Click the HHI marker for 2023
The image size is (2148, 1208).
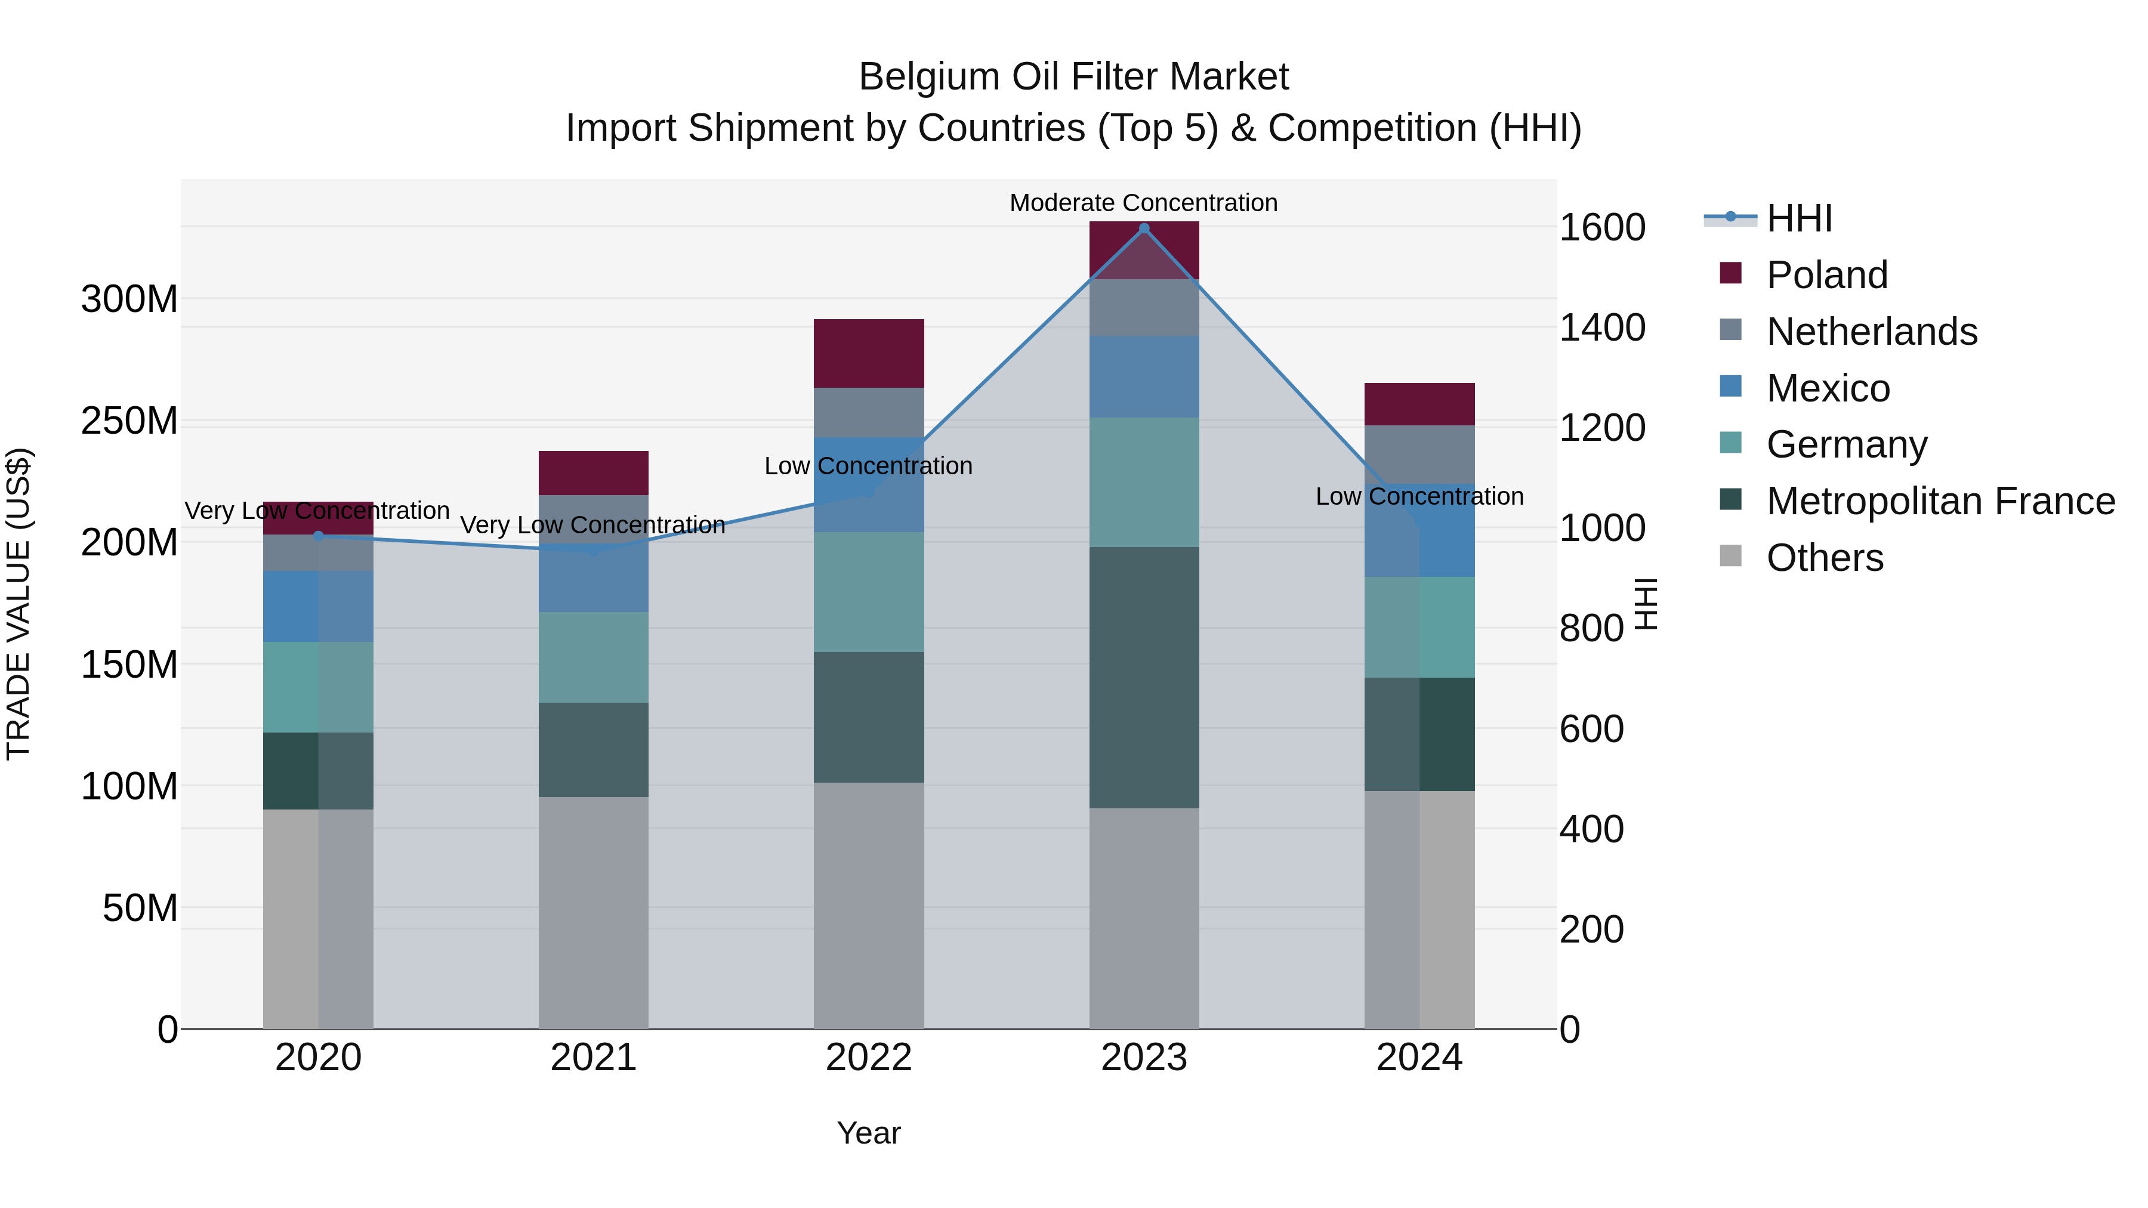pos(1144,228)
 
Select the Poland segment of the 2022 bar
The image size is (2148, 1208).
pos(869,354)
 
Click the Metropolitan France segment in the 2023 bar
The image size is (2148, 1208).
pos(1144,677)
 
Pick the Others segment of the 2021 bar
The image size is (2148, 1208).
pos(593,912)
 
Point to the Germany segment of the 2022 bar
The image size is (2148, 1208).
pos(869,592)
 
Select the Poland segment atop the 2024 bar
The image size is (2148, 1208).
pos(1419,404)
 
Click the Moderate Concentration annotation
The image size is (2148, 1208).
pos(1143,203)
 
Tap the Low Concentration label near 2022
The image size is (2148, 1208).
pos(868,466)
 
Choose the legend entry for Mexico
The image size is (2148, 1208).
pos(1828,388)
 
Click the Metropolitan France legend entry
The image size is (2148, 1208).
pos(1940,501)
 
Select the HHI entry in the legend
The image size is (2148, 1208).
pos(1800,218)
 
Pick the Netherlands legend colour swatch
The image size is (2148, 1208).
pos(1731,330)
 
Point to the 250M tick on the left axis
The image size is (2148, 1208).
pos(129,421)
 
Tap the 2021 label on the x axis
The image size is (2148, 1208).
pos(593,1058)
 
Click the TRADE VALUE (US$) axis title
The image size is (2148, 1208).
pos(18,604)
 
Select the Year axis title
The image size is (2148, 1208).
pos(868,1133)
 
